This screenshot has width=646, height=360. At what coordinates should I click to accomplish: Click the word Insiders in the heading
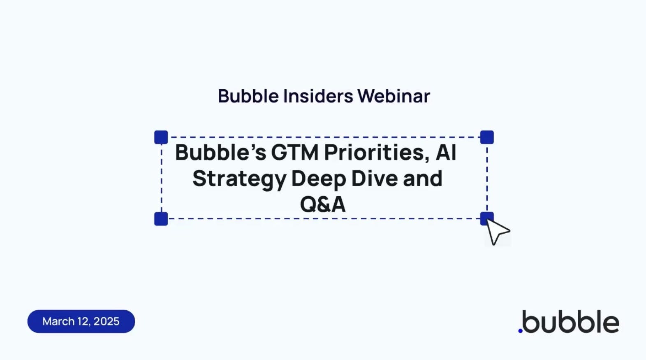click(x=318, y=96)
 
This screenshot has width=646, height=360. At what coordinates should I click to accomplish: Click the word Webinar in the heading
click(x=394, y=96)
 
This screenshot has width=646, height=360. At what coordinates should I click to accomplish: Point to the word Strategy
click(x=239, y=179)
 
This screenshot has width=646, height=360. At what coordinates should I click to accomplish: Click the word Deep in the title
click(x=318, y=179)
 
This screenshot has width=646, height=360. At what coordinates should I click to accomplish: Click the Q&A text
click(x=323, y=204)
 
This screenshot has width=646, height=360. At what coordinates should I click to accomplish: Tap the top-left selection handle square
click(x=161, y=137)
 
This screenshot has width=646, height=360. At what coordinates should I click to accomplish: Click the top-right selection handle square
click(x=487, y=137)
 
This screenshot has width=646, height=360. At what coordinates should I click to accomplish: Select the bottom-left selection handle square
click(x=161, y=219)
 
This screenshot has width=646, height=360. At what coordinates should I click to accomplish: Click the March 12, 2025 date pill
click(x=81, y=321)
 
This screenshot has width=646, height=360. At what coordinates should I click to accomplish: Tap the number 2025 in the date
click(x=107, y=321)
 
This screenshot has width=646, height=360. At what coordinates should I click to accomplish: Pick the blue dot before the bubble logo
click(x=520, y=331)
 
